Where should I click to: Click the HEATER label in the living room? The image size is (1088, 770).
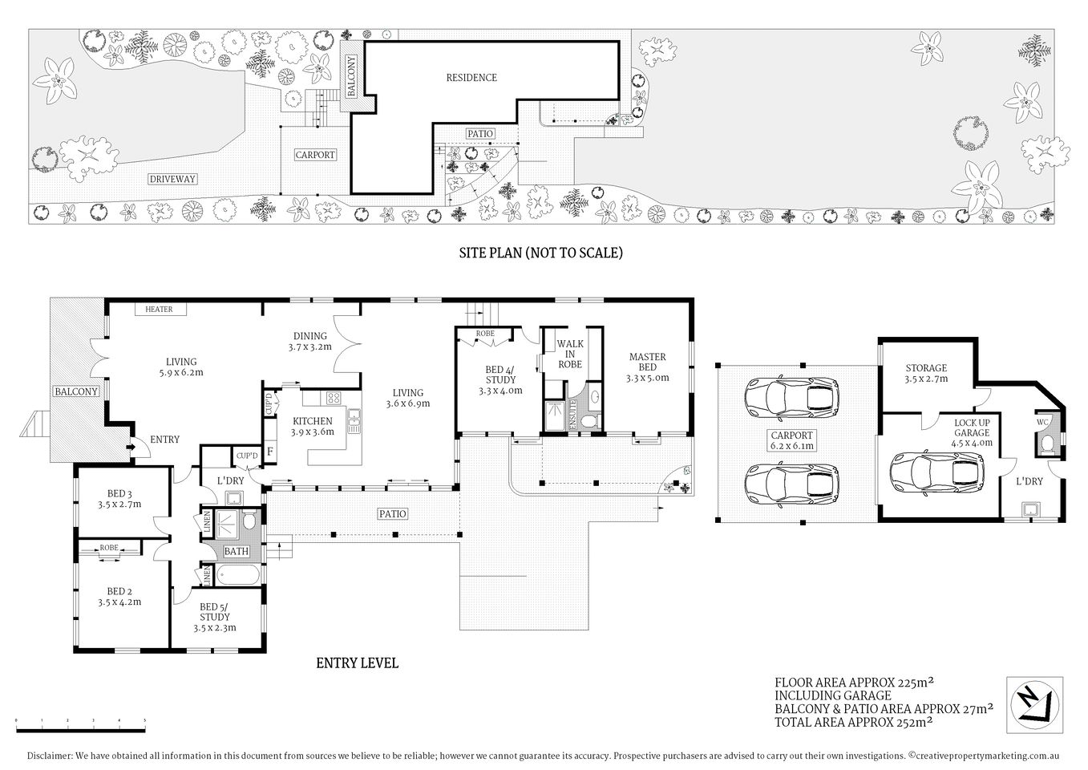[159, 310]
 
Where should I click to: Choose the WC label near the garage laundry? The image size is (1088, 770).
[1043, 422]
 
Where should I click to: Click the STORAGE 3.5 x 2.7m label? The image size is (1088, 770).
[926, 373]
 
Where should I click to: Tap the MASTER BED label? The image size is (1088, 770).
[647, 367]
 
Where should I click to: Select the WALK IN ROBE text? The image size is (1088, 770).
[570, 354]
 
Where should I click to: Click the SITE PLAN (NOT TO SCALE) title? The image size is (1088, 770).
[540, 253]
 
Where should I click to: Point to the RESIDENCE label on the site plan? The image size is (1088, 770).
[471, 78]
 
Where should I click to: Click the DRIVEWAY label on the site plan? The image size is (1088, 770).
[172, 179]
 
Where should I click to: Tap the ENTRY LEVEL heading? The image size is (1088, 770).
[357, 663]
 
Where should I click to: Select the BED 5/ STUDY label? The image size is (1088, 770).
[214, 617]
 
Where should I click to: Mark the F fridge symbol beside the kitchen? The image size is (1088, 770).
[270, 450]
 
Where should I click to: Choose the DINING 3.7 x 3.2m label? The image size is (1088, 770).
[309, 341]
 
